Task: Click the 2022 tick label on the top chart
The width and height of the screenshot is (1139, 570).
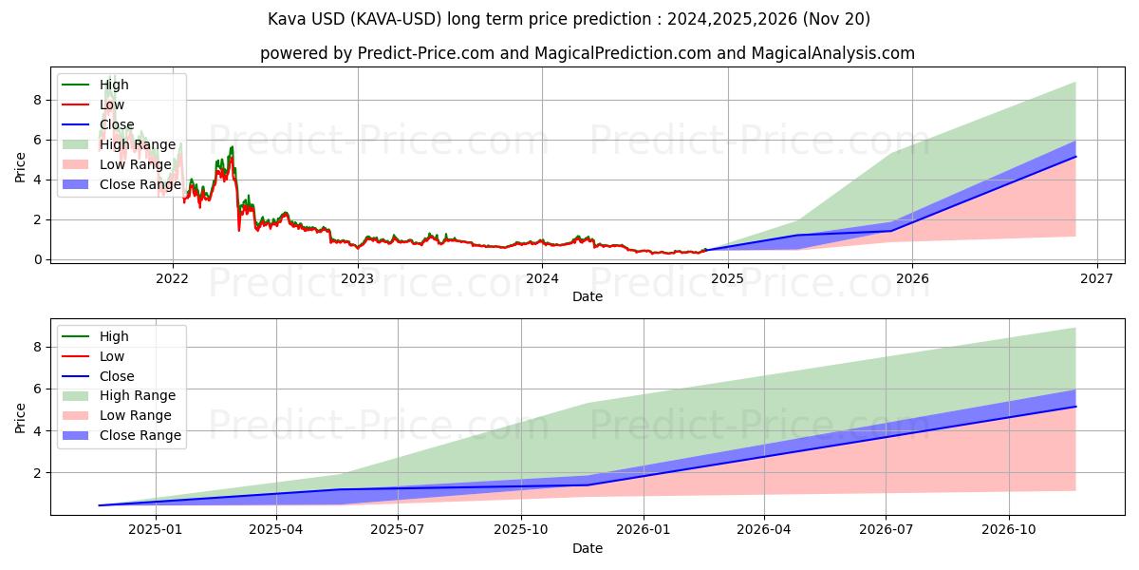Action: pyautogui.click(x=172, y=278)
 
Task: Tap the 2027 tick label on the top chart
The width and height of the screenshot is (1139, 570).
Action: pyautogui.click(x=1097, y=278)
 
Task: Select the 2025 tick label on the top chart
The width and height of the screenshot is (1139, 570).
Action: pyautogui.click(x=727, y=278)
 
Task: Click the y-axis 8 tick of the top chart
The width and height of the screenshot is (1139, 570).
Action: pyautogui.click(x=39, y=100)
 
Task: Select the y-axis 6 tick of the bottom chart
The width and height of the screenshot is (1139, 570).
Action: pyautogui.click(x=39, y=389)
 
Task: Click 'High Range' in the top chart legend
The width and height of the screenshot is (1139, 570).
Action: pyautogui.click(x=138, y=144)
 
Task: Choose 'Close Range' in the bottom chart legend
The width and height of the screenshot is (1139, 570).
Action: pyautogui.click(x=140, y=435)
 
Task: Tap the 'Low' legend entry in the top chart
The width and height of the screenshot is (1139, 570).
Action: pyautogui.click(x=112, y=104)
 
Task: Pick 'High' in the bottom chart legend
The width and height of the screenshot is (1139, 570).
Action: pyautogui.click(x=114, y=336)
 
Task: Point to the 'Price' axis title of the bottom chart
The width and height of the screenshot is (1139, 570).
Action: pyautogui.click(x=20, y=417)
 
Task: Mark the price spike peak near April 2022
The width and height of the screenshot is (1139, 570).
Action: pyautogui.click(x=232, y=147)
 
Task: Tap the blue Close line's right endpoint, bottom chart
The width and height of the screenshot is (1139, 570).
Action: pyautogui.click(x=1075, y=407)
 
